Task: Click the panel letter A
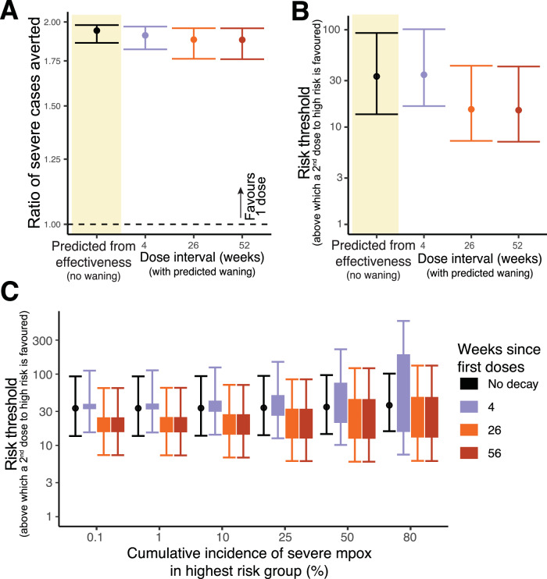[9, 10]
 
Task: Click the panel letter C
[9, 293]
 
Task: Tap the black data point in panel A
[97, 30]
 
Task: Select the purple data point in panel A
[145, 35]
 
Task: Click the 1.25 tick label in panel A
[52, 159]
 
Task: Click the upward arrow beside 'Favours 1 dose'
[241, 203]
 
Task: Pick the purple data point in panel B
[424, 75]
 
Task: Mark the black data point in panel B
[377, 76]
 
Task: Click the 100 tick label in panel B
[332, 30]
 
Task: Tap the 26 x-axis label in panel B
[470, 246]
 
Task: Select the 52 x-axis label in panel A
[244, 246]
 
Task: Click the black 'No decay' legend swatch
[469, 384]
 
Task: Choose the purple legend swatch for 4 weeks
[469, 407]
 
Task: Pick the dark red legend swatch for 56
[469, 453]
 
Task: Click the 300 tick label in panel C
[42, 340]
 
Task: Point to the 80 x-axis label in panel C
[409, 537]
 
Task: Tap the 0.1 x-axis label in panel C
[95, 537]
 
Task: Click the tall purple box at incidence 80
[403, 393]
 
